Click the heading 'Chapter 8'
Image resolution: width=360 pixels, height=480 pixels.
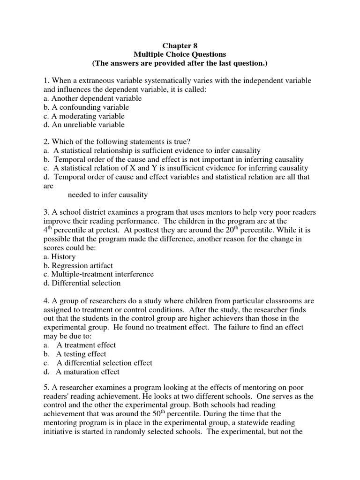click(180, 46)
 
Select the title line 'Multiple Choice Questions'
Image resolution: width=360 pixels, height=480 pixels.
click(180, 54)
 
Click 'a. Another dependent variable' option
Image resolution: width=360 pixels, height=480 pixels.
click(92, 98)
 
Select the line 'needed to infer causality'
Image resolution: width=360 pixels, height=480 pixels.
click(108, 195)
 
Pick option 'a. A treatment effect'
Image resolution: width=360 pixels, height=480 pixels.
click(80, 345)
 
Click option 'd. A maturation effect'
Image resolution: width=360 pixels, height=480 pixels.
click(82, 372)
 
